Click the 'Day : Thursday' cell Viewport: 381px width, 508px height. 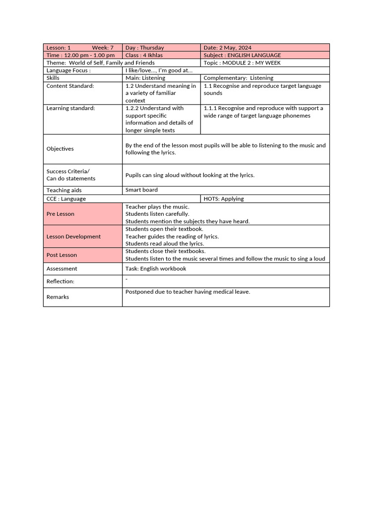coord(145,48)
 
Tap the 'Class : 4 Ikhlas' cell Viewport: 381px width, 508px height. coord(144,55)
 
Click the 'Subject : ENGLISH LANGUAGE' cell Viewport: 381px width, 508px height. coord(242,55)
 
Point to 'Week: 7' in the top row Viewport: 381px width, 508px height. coord(103,48)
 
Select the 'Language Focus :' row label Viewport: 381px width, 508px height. coord(68,70)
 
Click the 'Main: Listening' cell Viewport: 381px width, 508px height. coord(145,78)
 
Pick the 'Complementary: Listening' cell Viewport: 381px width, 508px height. coord(238,78)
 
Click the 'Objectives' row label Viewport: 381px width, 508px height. coord(60,149)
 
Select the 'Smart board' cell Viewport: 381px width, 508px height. coord(141,190)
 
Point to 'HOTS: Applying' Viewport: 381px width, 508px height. coord(224,199)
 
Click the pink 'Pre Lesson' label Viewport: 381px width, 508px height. coord(61,214)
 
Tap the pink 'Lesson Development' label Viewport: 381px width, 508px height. coord(73,237)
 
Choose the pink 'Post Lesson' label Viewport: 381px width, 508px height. coord(62,255)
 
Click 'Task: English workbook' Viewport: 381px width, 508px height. coord(156,269)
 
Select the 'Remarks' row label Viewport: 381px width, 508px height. coord(58,297)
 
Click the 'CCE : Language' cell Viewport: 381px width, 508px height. coord(66,199)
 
